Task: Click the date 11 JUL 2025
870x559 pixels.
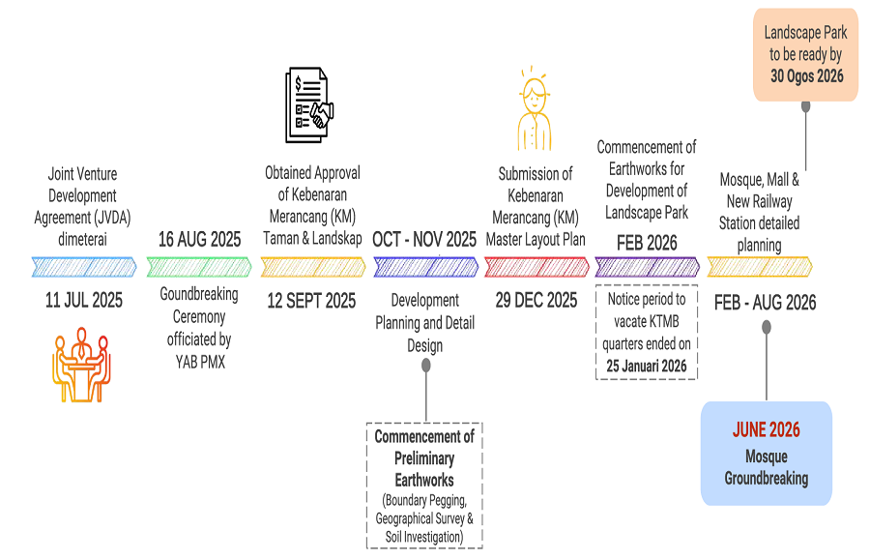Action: tap(84, 301)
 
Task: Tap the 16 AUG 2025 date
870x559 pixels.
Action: tap(200, 239)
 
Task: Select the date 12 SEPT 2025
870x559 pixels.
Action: tap(311, 301)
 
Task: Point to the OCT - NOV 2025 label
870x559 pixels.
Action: tap(424, 239)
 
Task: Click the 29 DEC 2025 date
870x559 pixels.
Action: tap(536, 301)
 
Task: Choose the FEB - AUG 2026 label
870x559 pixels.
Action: tap(766, 303)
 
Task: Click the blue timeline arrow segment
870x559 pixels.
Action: tap(84, 267)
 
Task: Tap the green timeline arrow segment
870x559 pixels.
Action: tap(199, 267)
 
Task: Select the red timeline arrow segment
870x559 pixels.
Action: tap(536, 267)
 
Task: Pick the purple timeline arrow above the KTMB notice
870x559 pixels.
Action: tap(647, 267)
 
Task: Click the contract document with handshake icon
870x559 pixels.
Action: tap(309, 104)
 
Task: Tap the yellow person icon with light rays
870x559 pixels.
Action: tap(535, 108)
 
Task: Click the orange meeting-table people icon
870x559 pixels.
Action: tap(81, 365)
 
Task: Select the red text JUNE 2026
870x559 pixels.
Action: tap(767, 429)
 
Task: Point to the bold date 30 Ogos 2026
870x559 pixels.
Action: tap(807, 76)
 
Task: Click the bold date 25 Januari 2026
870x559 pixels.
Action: tap(647, 366)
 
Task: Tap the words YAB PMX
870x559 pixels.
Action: tap(200, 362)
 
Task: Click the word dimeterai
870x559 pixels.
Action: tap(83, 239)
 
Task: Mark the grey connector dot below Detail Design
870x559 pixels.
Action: tap(426, 366)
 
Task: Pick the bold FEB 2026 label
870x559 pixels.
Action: tap(647, 243)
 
